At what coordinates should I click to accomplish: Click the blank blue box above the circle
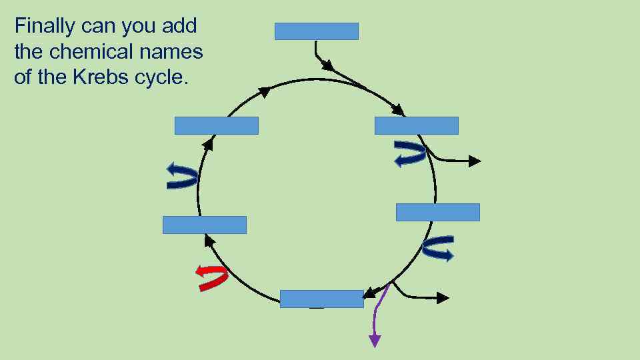click(317, 31)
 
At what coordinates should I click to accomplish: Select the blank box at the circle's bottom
click(321, 299)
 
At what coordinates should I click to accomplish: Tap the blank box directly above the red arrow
click(205, 225)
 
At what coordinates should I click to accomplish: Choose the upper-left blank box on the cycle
click(216, 125)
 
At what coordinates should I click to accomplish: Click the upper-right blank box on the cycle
click(417, 125)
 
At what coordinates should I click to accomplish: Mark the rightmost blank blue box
click(437, 212)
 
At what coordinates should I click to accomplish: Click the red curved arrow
click(211, 277)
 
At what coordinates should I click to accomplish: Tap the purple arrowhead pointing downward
click(375, 341)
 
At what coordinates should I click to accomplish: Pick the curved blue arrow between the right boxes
click(409, 153)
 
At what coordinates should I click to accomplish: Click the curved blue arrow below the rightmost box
click(439, 248)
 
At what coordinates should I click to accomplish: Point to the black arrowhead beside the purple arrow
click(443, 297)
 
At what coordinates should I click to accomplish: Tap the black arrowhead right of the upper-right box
click(474, 161)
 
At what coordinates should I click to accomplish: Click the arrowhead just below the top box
click(327, 65)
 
